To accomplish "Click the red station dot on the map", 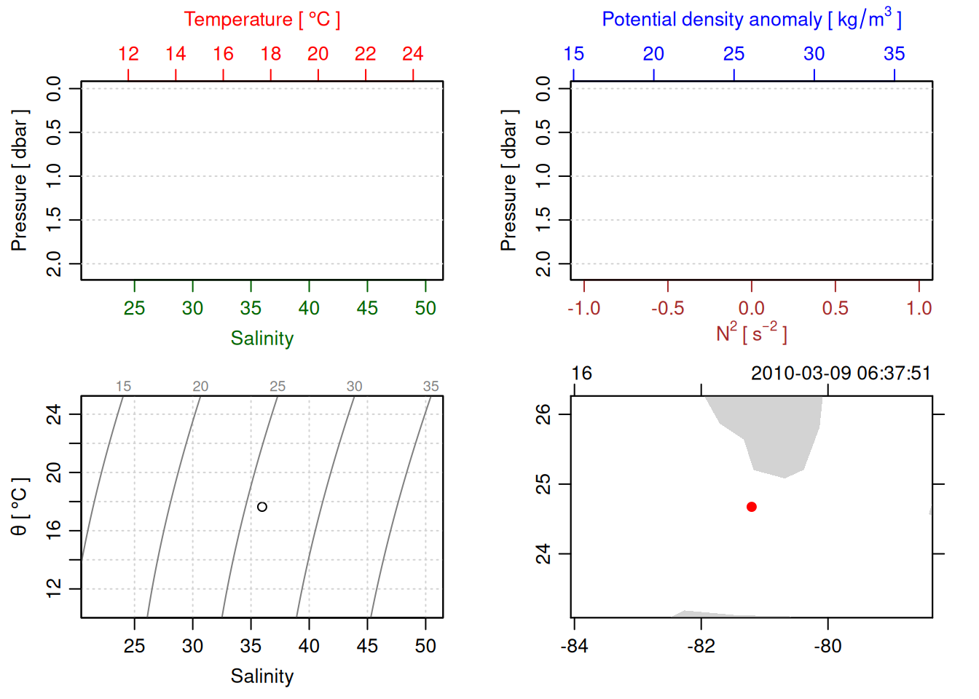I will point(751,507).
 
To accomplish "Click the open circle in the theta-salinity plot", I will point(262,507).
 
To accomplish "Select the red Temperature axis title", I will point(262,20).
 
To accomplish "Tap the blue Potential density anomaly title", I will point(751,20).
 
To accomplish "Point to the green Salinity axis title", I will point(262,339).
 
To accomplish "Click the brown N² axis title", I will point(751,333).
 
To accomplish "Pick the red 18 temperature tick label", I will point(270,54).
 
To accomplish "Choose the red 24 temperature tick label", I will point(412,54).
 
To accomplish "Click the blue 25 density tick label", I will point(734,54).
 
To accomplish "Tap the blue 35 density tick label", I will point(894,54).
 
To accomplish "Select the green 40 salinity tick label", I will point(309,308).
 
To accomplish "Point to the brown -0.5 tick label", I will point(667,308).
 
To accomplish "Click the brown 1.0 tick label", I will point(919,308).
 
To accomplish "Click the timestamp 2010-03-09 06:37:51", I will point(841,374).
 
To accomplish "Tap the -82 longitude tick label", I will point(701,646).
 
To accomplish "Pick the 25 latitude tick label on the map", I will point(543,484).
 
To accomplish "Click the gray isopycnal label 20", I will point(200,387).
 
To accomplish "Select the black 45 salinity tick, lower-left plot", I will point(367,646).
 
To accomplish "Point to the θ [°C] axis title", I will point(19,507).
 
